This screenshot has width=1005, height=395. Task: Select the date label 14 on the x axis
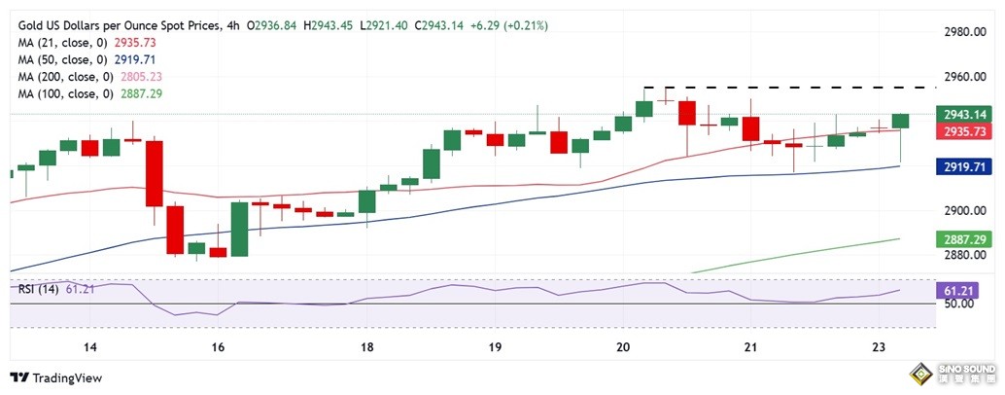tap(90, 347)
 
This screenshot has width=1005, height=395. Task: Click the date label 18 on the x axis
tap(367, 347)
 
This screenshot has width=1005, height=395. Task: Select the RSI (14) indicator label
tap(40, 288)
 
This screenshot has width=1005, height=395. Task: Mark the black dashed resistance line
tap(787, 87)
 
